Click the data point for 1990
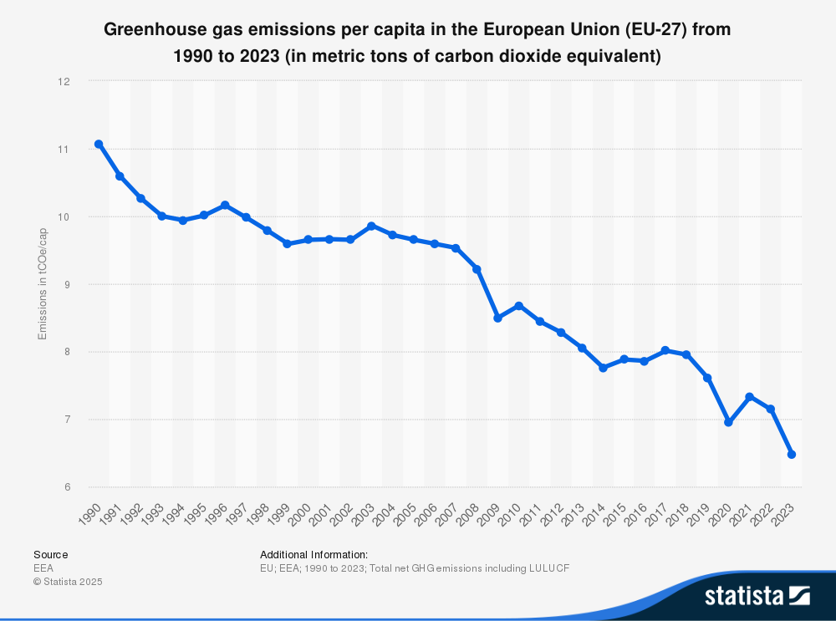[x=99, y=144]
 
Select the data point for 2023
[x=792, y=455]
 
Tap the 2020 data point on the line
[x=728, y=423]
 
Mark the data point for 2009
[x=497, y=318]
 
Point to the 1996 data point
[x=225, y=205]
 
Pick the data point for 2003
[x=371, y=226]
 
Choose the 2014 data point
[x=603, y=368]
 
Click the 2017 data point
[x=665, y=350]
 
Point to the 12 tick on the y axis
[x=63, y=82]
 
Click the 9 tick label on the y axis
[x=64, y=284]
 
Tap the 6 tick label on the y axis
[x=64, y=487]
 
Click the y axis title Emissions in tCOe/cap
[x=43, y=284]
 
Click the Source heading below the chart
[x=50, y=554]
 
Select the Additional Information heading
[x=313, y=554]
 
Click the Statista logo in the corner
[x=757, y=595]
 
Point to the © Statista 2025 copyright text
[x=68, y=581]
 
